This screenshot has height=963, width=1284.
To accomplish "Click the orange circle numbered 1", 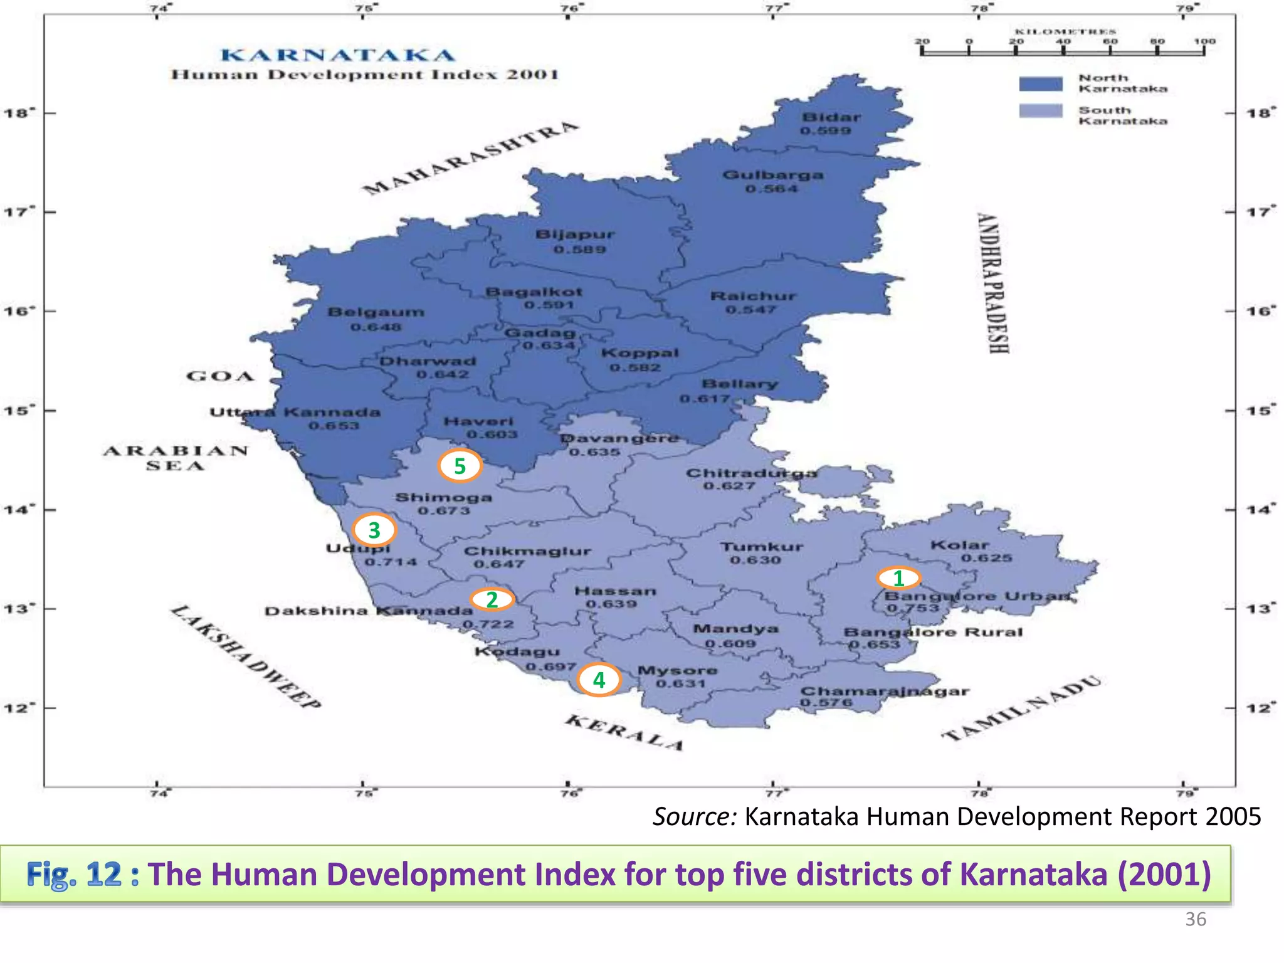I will [x=898, y=577].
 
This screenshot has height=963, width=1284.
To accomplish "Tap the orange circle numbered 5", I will [x=460, y=466].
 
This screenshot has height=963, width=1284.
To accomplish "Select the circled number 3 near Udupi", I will [x=374, y=530].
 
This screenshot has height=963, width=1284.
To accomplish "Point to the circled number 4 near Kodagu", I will [x=599, y=680].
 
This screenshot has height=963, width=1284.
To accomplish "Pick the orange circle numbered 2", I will [x=492, y=599].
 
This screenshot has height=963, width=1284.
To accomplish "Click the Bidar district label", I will [x=831, y=117].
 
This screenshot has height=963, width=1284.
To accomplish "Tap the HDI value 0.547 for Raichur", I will [x=750, y=310].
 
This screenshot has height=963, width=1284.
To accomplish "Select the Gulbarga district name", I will [x=772, y=175].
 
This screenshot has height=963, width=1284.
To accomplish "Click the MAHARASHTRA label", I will [x=470, y=158].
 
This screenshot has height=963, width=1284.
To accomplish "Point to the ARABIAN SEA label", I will [x=176, y=458].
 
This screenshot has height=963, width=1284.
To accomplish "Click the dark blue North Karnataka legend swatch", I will [x=1041, y=83].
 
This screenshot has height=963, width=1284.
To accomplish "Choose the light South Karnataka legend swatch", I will [x=1041, y=111].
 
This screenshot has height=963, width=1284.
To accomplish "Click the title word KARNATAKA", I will [x=338, y=55].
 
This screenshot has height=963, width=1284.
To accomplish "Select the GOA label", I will [x=220, y=376].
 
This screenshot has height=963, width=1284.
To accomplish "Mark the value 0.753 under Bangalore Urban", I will [x=913, y=608].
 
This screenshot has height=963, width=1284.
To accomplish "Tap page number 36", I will [x=1195, y=919].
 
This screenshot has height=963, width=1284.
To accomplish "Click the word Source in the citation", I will [x=694, y=816].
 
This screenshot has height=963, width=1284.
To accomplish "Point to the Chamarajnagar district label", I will [x=885, y=692].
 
